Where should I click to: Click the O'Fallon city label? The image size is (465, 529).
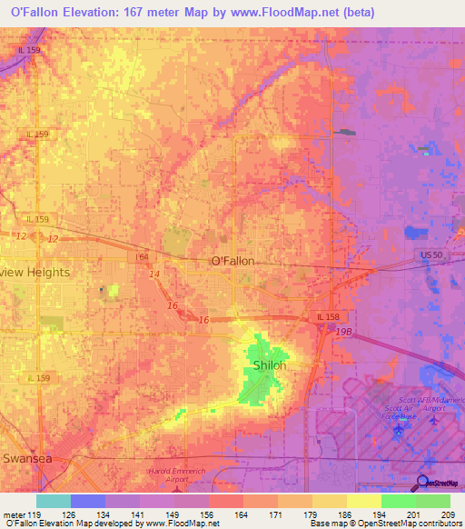(x=232, y=261)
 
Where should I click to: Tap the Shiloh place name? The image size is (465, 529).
(x=269, y=365)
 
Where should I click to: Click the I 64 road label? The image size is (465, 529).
(x=143, y=257)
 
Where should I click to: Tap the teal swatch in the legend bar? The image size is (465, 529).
(x=53, y=501)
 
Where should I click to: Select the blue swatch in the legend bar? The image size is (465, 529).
(x=87, y=501)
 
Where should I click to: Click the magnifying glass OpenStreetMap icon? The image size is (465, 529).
(x=423, y=483)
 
